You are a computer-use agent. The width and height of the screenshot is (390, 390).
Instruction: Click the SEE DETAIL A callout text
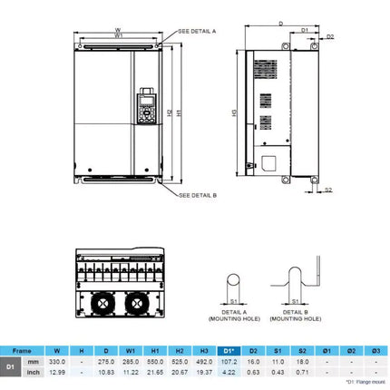point(197,31)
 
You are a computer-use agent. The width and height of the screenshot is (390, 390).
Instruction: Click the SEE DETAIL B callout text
point(198,195)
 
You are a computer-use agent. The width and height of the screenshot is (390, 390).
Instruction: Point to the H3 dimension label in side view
point(236,113)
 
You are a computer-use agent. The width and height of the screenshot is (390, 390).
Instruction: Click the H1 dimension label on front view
point(180,112)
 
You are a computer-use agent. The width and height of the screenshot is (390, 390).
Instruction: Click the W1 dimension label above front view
point(120,36)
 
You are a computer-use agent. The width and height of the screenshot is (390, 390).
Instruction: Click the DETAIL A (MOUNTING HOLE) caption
point(233,317)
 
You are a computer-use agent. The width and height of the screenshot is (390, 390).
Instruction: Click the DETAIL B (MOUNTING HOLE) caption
point(297,317)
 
